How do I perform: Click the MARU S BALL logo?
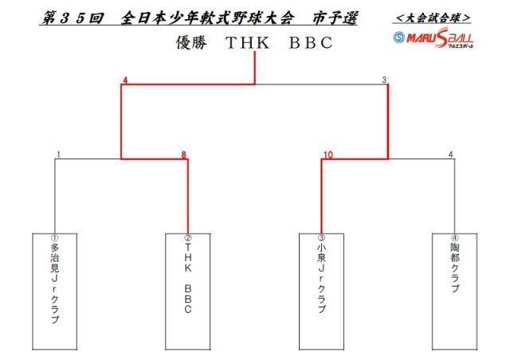click(x=433, y=38)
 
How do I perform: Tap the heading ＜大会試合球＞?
click(x=433, y=18)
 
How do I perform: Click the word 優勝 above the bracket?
click(x=191, y=42)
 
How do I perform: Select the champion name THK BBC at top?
click(x=279, y=42)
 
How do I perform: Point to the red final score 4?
click(x=125, y=80)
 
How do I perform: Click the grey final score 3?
click(x=384, y=80)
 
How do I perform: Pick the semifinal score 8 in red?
click(x=184, y=155)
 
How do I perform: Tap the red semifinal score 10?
click(x=328, y=155)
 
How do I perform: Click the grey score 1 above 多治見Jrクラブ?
click(x=58, y=155)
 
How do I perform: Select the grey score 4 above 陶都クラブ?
click(x=450, y=155)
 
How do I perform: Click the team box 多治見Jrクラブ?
click(x=55, y=292)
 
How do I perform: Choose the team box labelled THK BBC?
click(x=188, y=292)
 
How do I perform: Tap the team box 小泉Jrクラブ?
click(x=321, y=292)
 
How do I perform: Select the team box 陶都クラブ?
click(x=454, y=292)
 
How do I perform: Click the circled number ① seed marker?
click(x=55, y=237)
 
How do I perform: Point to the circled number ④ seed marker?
click(x=455, y=237)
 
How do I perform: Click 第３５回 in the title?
click(x=73, y=18)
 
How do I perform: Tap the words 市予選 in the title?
click(x=335, y=18)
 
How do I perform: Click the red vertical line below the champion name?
click(x=255, y=68)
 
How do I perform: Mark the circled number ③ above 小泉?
click(x=321, y=237)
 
